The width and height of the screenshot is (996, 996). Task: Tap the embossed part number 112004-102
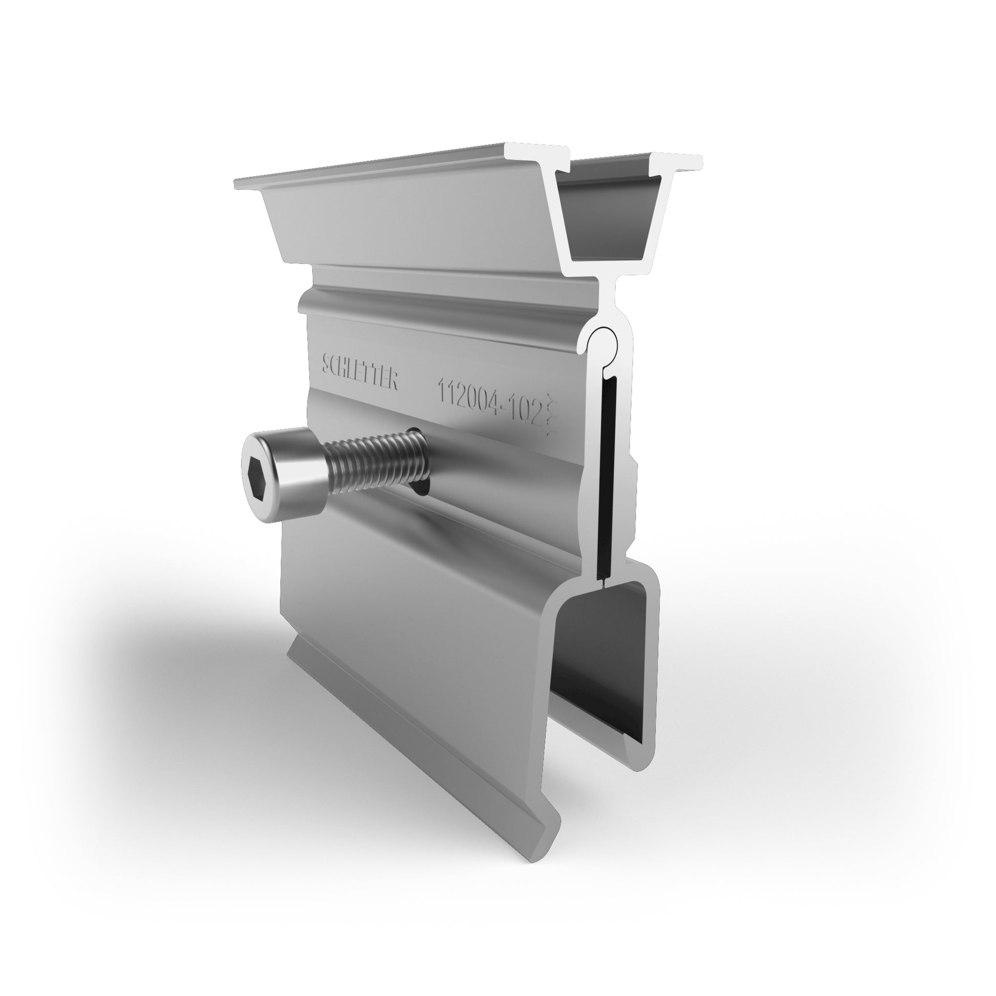491,399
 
